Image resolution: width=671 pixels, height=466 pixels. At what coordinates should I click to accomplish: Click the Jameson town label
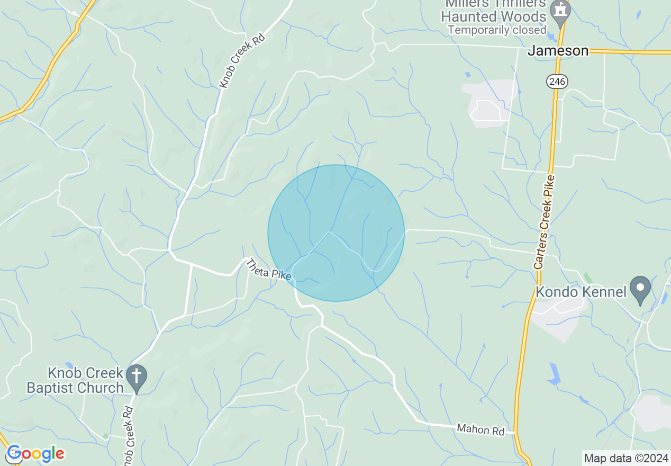[x=558, y=51]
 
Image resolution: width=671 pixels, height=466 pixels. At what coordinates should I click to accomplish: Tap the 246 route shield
[x=557, y=82]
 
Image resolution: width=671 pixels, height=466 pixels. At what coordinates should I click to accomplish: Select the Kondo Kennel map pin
[x=640, y=289]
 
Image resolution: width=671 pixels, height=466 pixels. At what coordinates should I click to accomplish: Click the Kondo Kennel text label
[x=581, y=292]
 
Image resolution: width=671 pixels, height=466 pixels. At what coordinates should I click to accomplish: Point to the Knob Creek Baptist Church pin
[x=137, y=377]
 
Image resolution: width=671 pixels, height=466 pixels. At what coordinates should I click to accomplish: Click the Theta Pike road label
[x=268, y=270]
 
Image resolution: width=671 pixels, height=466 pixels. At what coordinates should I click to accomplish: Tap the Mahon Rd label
[x=480, y=429]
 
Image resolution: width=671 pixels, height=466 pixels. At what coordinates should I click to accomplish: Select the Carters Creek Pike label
[x=545, y=222]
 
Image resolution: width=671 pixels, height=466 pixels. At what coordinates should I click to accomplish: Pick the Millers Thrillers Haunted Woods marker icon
[x=559, y=11]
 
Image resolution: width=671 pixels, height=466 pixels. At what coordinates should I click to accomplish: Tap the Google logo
[x=35, y=454]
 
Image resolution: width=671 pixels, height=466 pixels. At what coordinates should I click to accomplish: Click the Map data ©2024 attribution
[x=626, y=458]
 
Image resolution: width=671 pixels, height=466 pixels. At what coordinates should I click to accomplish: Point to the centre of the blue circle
[x=336, y=233]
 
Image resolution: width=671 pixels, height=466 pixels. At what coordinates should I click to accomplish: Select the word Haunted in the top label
[x=468, y=17]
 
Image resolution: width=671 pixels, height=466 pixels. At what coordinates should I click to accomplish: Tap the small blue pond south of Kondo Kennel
[x=554, y=374]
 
